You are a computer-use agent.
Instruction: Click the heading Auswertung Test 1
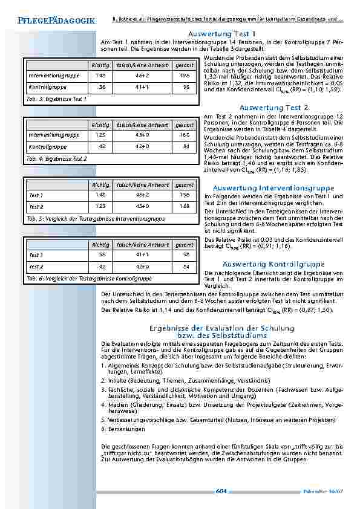[x=221, y=34]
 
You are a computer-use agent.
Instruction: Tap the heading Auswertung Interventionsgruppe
[x=273, y=189]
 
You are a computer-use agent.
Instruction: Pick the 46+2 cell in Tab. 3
[x=143, y=76]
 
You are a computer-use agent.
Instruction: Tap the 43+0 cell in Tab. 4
[x=143, y=135]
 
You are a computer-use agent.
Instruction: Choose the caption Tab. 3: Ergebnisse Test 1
[x=57, y=98]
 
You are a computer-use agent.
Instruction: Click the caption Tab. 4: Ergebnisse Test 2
[x=57, y=158]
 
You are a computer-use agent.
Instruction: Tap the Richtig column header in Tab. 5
[x=100, y=184]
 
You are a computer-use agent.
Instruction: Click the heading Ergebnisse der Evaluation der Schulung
[x=221, y=328]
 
